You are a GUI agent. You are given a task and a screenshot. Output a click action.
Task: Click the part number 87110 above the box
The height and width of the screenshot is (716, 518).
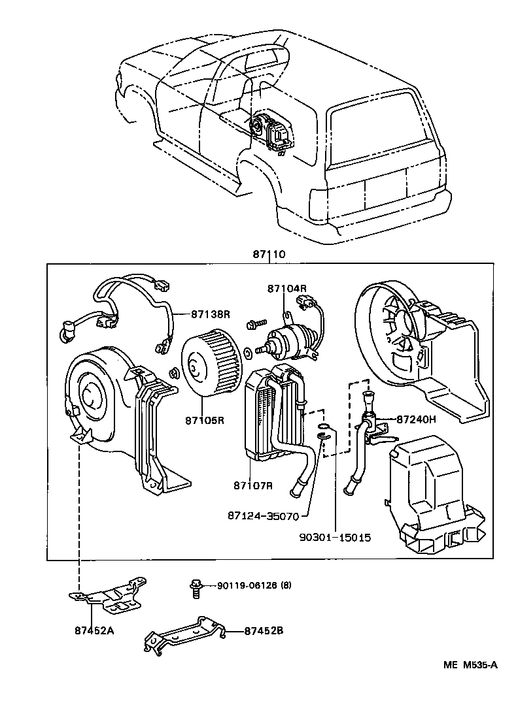(269, 254)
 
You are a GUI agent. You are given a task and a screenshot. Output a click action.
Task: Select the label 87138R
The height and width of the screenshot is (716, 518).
(211, 314)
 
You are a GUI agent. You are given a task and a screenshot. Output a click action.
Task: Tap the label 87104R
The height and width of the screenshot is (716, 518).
(286, 288)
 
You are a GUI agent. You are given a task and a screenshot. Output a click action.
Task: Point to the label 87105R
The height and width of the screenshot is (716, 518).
(205, 420)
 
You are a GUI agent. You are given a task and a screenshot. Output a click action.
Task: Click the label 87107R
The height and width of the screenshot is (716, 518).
(252, 485)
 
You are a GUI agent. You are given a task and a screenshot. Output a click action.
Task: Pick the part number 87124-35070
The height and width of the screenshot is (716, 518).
(263, 516)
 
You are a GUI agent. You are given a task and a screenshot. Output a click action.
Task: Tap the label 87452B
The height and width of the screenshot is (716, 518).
(264, 631)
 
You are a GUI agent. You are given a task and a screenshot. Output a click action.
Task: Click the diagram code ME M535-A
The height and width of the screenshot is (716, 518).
(470, 666)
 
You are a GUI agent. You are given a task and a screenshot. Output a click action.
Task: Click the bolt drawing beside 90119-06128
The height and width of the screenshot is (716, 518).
(194, 586)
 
